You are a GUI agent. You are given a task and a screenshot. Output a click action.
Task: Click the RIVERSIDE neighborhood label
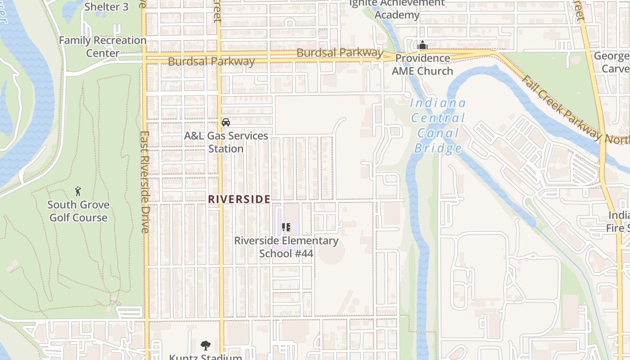(x=239, y=199)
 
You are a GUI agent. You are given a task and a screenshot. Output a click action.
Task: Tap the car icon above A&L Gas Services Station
(x=226, y=122)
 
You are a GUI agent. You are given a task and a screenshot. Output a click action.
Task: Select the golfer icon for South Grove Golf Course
(x=78, y=191)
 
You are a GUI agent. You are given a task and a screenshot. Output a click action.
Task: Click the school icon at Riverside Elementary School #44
(x=286, y=227)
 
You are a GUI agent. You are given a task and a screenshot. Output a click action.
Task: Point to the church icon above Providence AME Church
(x=422, y=45)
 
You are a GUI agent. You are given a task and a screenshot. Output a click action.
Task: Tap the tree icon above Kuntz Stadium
(x=206, y=346)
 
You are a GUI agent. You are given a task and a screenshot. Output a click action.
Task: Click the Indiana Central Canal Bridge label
(x=438, y=126)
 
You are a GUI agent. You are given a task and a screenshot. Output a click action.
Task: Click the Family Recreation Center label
(x=103, y=46)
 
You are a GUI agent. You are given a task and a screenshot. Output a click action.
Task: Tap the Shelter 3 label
(x=106, y=7)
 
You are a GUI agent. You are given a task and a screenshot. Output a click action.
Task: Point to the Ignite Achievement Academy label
(x=396, y=9)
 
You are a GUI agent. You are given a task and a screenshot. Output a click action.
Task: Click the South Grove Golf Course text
(x=78, y=211)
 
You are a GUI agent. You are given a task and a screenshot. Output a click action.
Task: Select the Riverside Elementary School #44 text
(x=286, y=247)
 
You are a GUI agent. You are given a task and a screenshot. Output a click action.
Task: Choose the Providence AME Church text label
(x=422, y=64)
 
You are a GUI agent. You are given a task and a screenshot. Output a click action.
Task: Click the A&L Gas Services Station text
(x=226, y=142)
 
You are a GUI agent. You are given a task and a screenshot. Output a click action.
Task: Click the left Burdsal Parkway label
(x=211, y=61)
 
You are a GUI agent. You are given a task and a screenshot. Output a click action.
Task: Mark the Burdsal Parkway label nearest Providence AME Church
(x=340, y=53)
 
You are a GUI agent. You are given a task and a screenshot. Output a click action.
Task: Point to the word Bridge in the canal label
(x=438, y=148)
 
